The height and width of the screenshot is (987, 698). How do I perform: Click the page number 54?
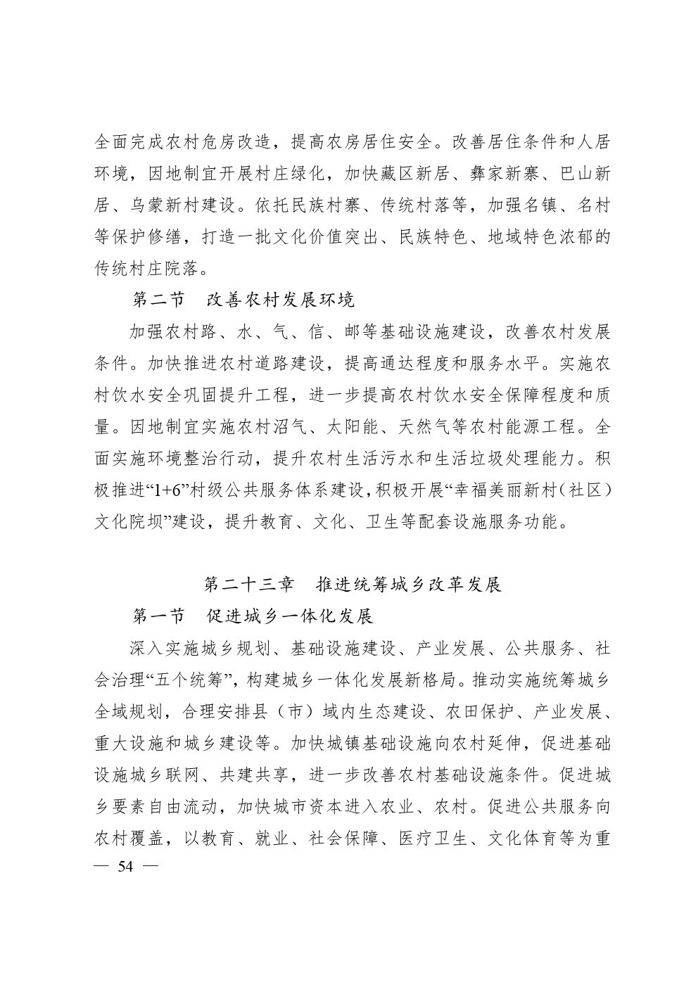[125, 865]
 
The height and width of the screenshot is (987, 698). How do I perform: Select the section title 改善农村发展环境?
[280, 300]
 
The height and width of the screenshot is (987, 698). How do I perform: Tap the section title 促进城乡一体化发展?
[289, 616]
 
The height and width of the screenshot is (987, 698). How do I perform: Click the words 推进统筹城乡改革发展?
[410, 585]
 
